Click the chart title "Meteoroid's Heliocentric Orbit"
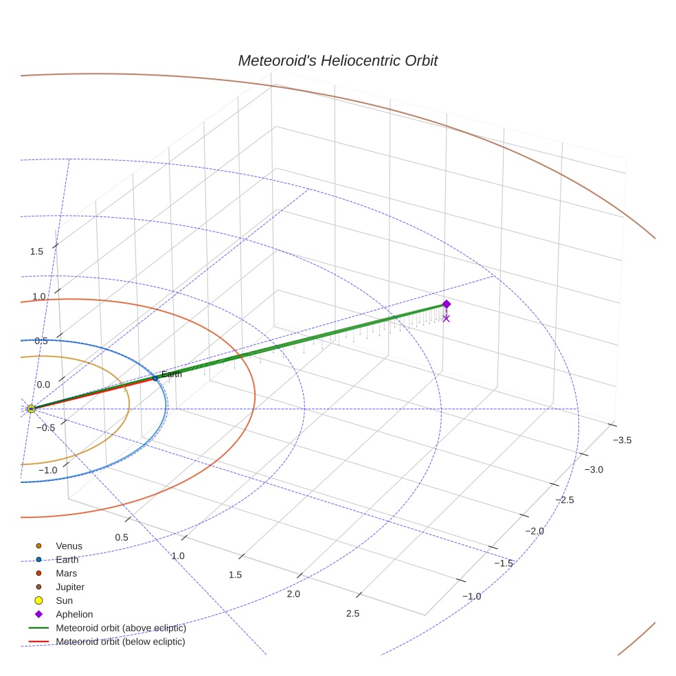pos(337,60)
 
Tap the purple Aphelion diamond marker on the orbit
pos(446,304)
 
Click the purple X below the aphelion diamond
pos(446,318)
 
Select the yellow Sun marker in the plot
pos(31,409)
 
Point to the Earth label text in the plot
pos(171,374)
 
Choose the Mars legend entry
pos(66,573)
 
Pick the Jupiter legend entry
pos(70,587)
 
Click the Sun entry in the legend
pos(64,600)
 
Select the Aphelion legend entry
pos(74,614)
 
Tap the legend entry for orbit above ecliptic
pos(120,628)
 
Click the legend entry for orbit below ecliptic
pos(120,642)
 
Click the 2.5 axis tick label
pos(352,613)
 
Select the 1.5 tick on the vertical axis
pos(36,251)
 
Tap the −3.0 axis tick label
pos(594,469)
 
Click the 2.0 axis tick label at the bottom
pos(293,594)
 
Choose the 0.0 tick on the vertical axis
pos(43,385)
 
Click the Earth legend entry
pos(67,559)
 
